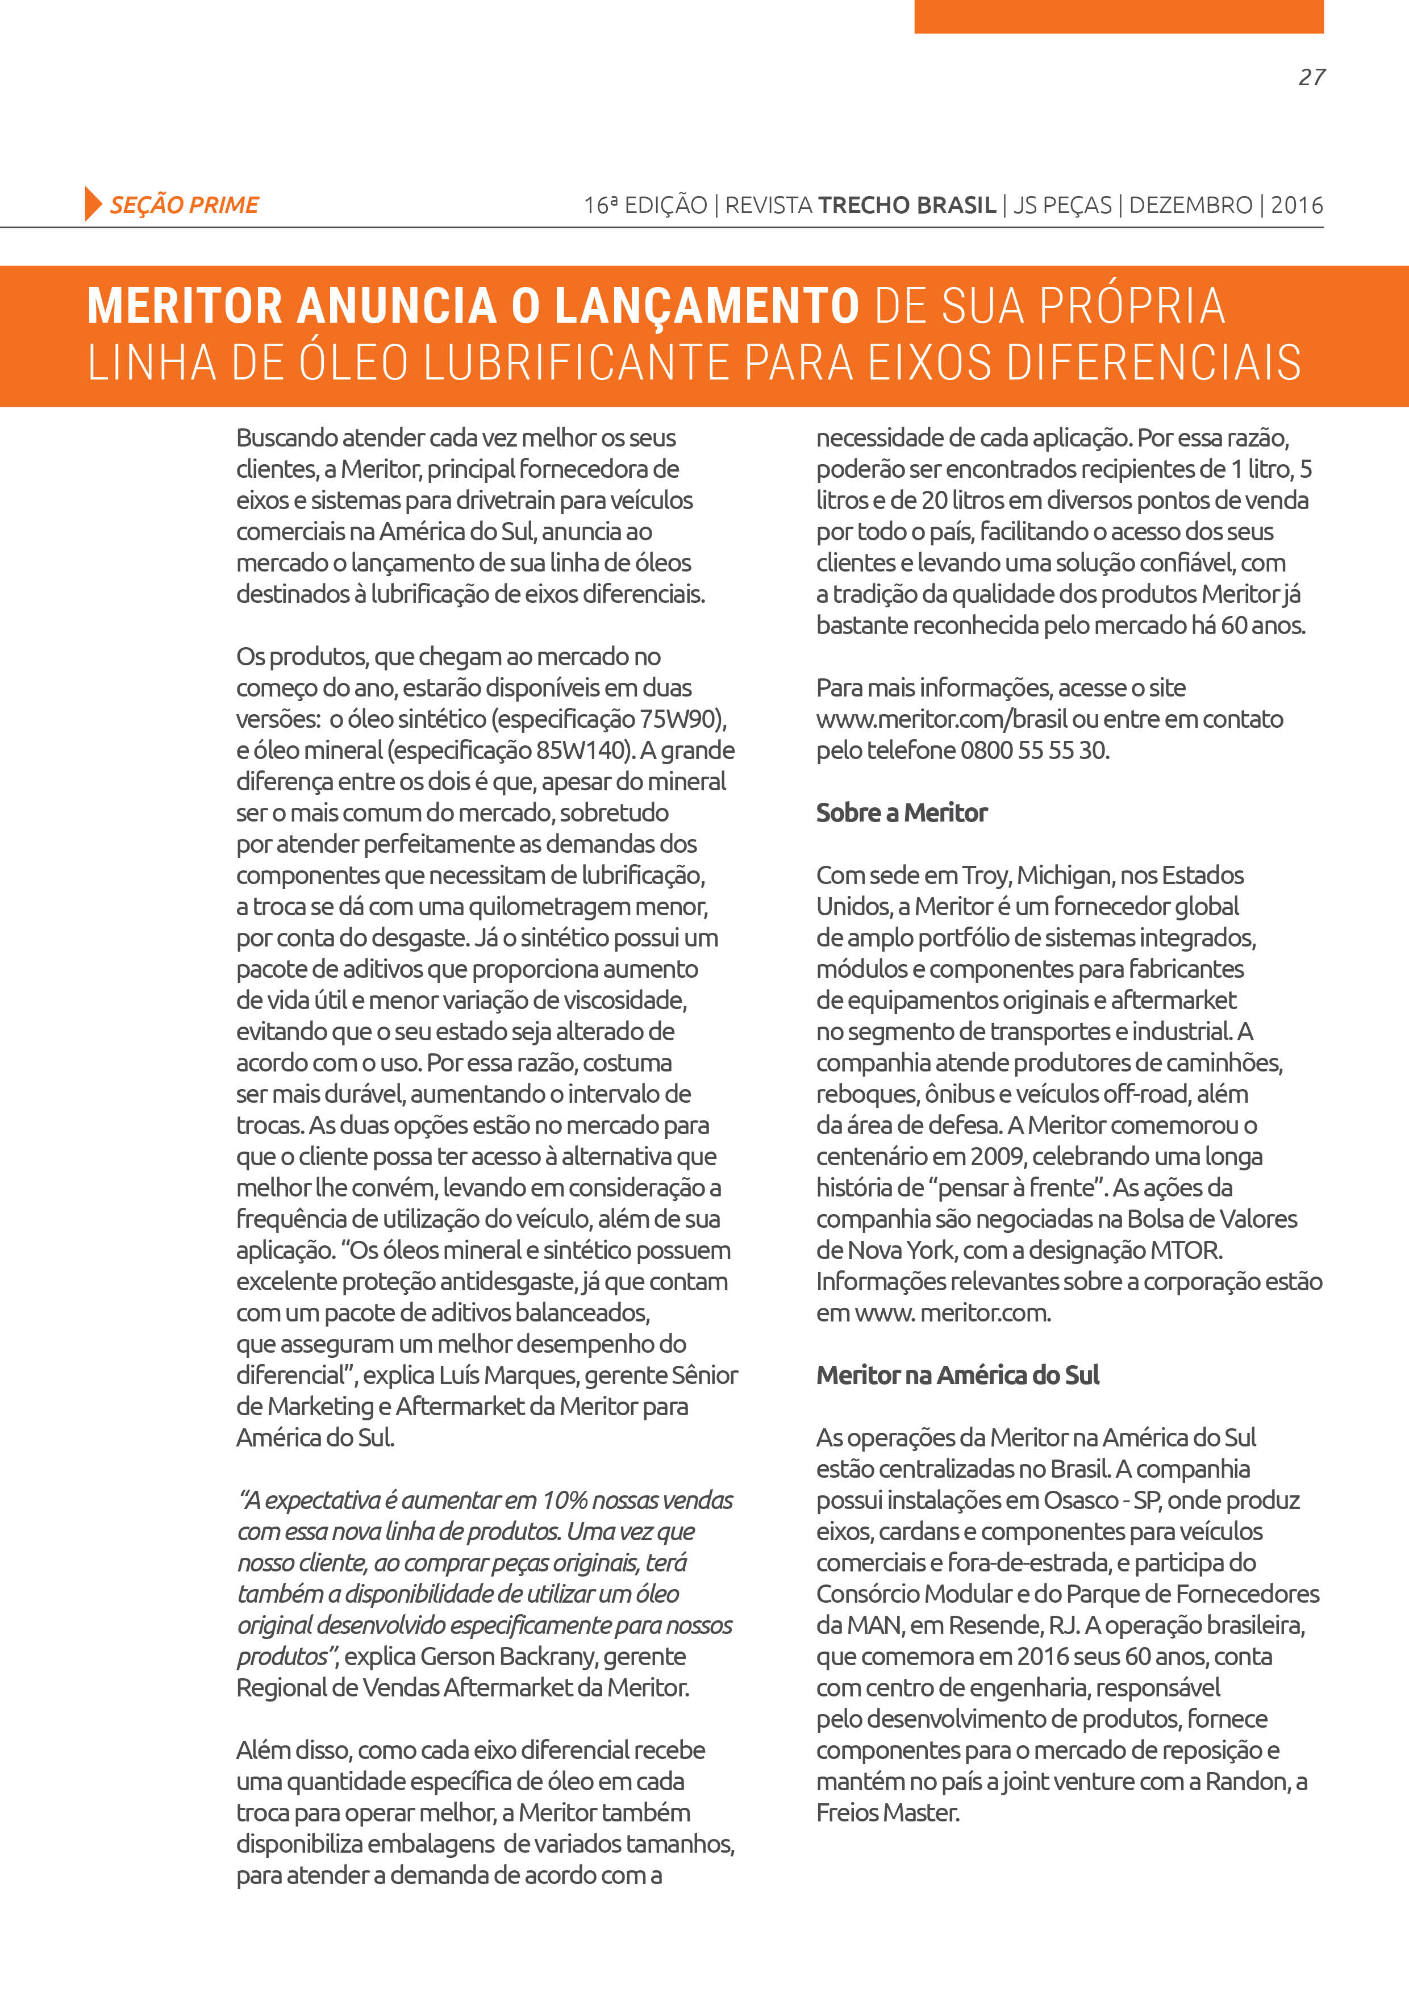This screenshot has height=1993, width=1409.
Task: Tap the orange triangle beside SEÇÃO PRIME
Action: (92, 204)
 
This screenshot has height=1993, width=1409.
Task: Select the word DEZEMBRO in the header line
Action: (1190, 206)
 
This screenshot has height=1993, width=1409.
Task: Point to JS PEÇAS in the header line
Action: (1062, 206)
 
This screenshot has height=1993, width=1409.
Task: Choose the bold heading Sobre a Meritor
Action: (901, 814)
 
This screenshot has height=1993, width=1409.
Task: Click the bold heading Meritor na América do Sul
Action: (957, 1376)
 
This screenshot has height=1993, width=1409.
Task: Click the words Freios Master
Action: (887, 1813)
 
